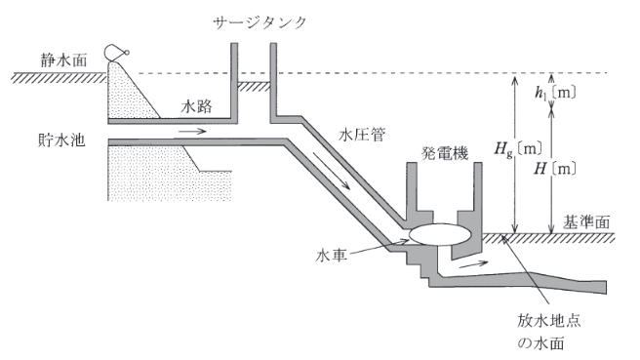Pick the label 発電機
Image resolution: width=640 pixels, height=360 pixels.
[443, 153]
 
